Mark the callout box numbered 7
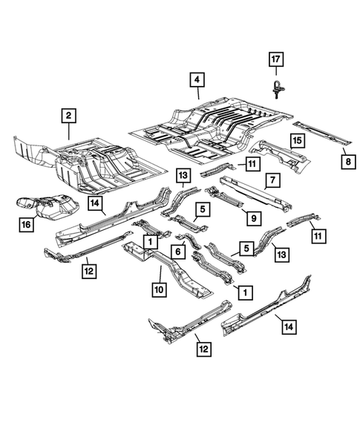[272, 180]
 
